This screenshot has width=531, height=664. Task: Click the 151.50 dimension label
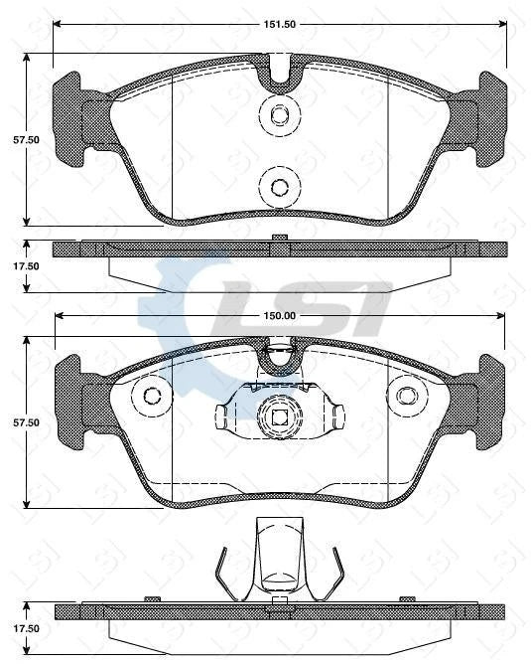click(280, 19)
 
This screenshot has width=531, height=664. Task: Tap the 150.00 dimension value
click(280, 315)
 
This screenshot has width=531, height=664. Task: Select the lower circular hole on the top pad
click(279, 185)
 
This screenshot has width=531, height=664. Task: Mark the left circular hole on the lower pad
click(153, 395)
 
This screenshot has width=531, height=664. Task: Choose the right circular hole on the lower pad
click(406, 395)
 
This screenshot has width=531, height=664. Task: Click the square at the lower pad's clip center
click(279, 417)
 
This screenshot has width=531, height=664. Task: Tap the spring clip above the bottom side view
click(278, 562)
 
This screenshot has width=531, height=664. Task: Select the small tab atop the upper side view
click(279, 237)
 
